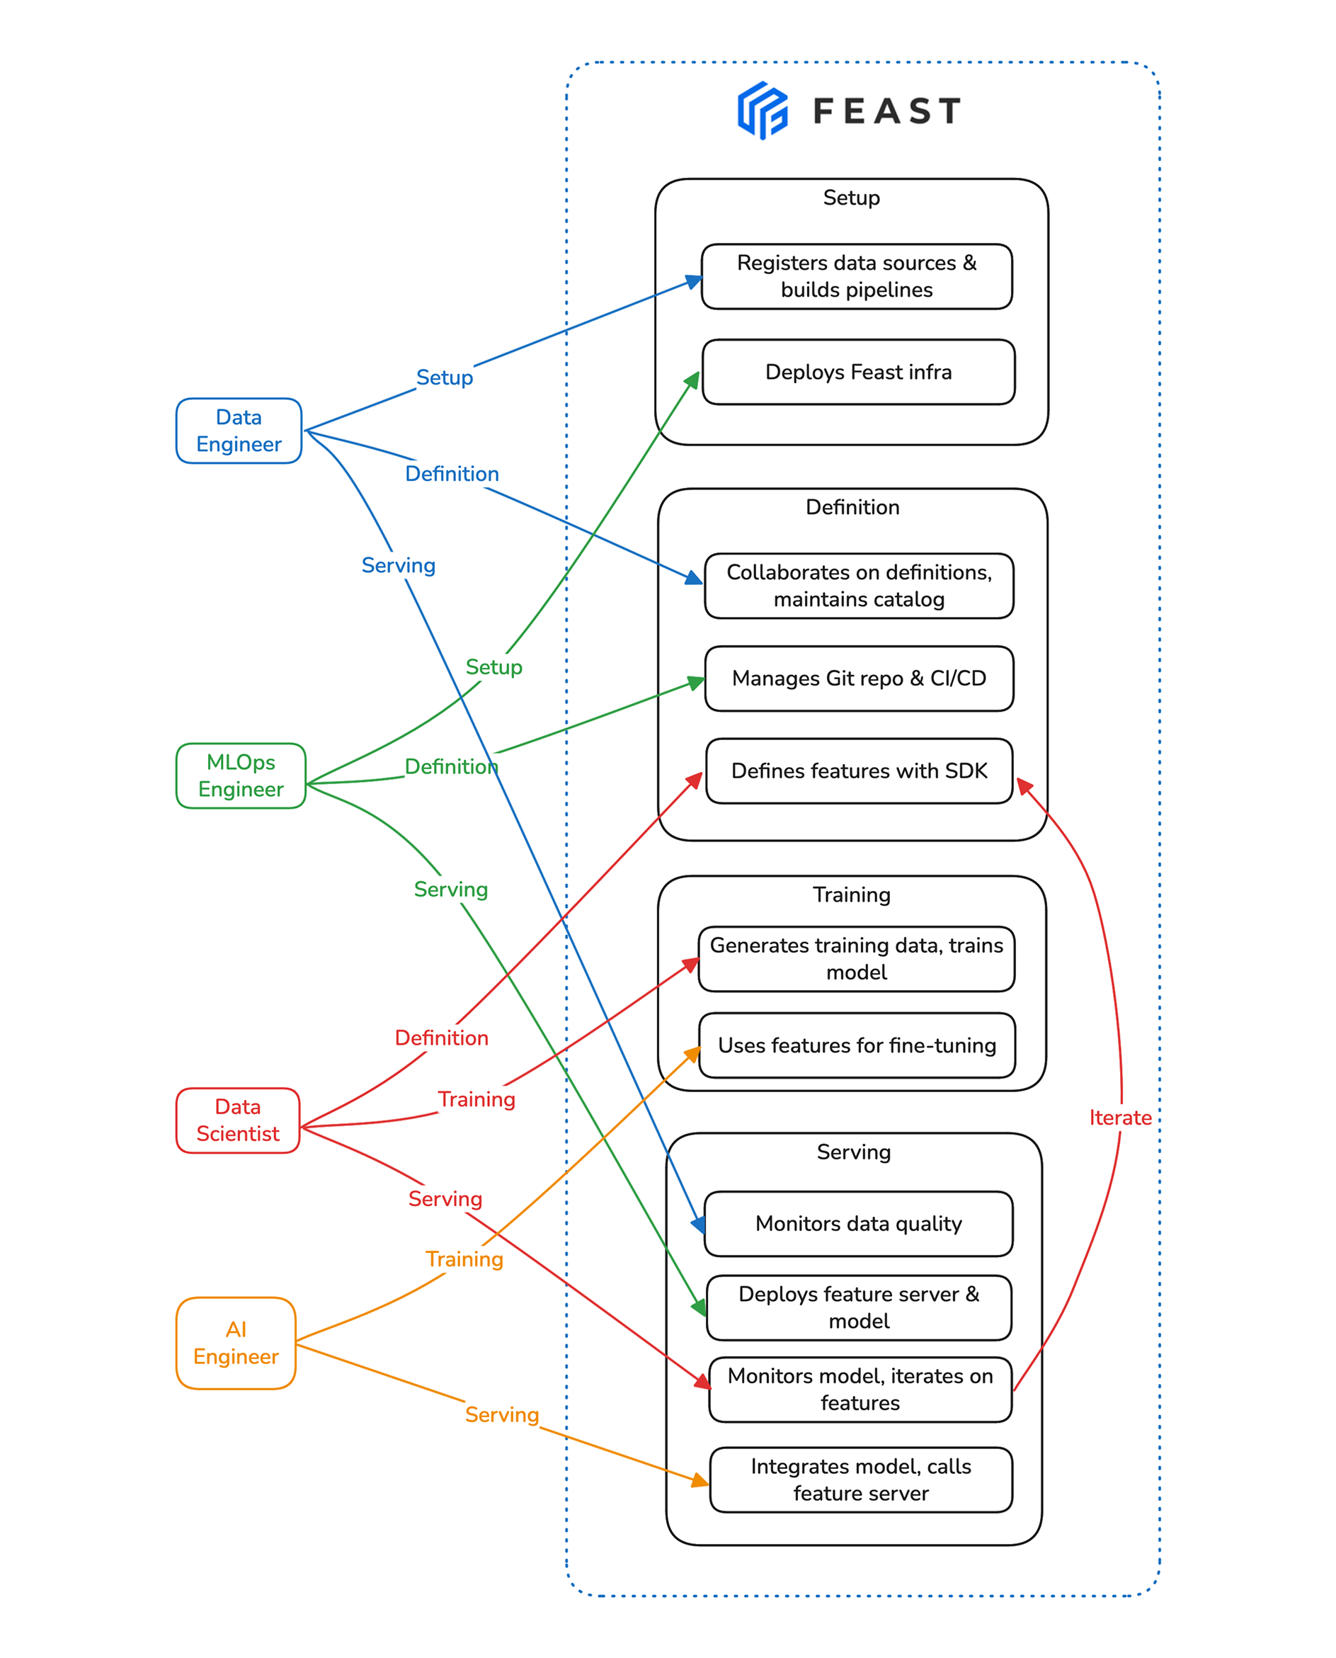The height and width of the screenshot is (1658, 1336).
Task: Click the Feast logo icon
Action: pos(762,111)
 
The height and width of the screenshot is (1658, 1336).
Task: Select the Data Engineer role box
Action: pos(239,431)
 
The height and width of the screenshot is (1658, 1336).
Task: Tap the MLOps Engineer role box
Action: pos(241,776)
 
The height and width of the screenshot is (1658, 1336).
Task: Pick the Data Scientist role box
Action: pos(238,1120)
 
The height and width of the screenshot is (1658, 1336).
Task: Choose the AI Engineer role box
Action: pos(236,1343)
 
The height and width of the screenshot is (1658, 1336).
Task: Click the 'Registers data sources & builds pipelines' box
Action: pos(857,276)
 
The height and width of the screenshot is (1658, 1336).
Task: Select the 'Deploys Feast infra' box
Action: pos(858,373)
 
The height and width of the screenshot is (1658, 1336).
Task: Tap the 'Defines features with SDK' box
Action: pos(859,771)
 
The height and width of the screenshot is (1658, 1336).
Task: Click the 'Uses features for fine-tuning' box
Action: pos(857,1045)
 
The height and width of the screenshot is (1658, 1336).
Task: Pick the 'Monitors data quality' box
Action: pos(858,1224)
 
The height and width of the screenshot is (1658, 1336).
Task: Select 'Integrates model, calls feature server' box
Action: pos(860,1480)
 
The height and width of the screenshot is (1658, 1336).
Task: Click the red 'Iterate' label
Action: pos(1120,1118)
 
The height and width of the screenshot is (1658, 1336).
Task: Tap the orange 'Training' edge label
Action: pos(464,1259)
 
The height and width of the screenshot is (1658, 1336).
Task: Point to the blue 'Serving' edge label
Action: pos(399,566)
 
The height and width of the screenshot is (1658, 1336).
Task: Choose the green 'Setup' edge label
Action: pos(493,667)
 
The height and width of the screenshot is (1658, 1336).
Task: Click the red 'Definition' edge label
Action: pos(441,1038)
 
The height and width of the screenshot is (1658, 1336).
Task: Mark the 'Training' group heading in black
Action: pos(852,895)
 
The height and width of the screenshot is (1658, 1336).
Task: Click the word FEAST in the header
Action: pos(886,112)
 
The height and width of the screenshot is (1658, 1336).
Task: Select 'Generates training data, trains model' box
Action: pos(857,959)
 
